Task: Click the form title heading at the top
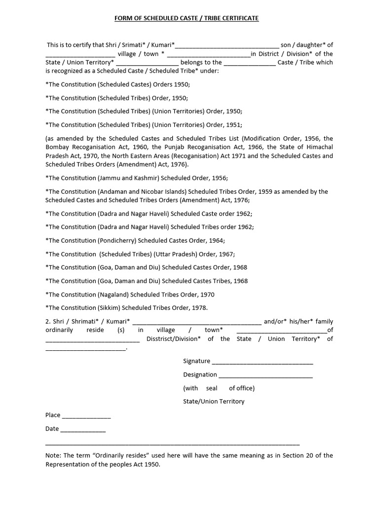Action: (187, 18)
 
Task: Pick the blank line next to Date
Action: (83, 429)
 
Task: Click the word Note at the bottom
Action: (52, 456)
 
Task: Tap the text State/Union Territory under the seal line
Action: (214, 401)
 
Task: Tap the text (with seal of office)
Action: (219, 388)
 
